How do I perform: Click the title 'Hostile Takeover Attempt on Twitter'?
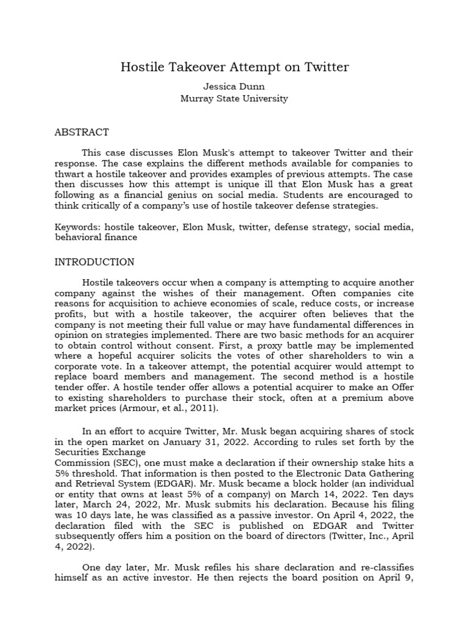(x=234, y=67)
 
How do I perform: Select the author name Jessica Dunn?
(x=234, y=87)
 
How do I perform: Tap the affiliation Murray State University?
(x=234, y=98)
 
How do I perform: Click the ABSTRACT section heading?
(x=82, y=132)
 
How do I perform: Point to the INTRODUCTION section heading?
(x=94, y=262)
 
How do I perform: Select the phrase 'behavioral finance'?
(x=96, y=238)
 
